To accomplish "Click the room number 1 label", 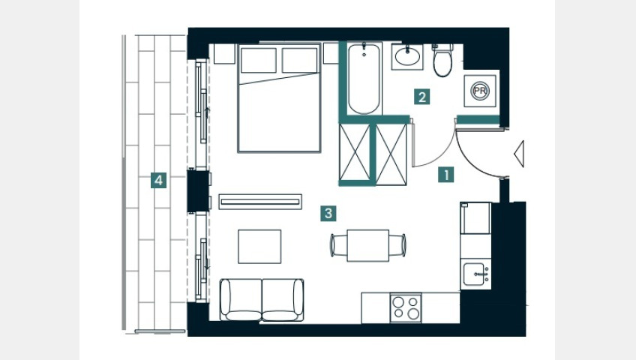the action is (446, 175).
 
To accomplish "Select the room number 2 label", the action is (421, 97).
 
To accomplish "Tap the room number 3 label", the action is (328, 213).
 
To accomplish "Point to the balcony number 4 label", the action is (158, 181).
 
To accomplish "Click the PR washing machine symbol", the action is (480, 91).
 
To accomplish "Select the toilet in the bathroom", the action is (442, 60).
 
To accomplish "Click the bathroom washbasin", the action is (407, 57).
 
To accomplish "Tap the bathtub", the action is (364, 79).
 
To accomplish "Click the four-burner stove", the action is (406, 307).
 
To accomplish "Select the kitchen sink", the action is (475, 274).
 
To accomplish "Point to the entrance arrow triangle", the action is (519, 154).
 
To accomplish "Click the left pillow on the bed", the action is (258, 61).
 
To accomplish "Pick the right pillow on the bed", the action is (299, 61).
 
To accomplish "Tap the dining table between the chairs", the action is (368, 246).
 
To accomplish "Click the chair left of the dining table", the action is (338, 245).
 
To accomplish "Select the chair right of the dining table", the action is (397, 245).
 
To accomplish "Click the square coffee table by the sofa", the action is (259, 247).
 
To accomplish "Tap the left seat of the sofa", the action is (241, 299).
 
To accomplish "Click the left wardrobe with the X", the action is (355, 152).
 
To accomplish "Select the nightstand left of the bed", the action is (224, 53).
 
